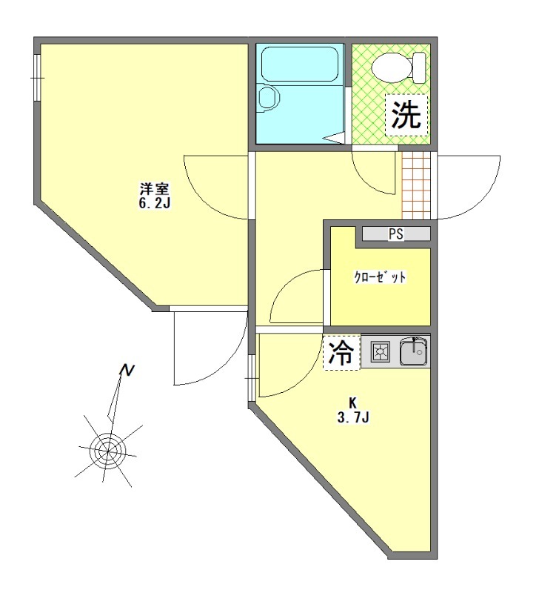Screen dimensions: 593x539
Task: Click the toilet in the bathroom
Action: click(x=393, y=69)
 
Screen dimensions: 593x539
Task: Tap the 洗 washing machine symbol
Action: click(x=406, y=115)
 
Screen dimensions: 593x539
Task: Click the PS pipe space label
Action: click(x=396, y=234)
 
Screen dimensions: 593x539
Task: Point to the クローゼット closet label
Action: click(x=380, y=279)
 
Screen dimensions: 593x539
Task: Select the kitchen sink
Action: click(x=414, y=352)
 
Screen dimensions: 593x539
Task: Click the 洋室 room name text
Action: click(x=155, y=188)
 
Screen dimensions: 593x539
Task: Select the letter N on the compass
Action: click(x=128, y=370)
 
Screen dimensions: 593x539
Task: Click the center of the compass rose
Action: click(x=108, y=449)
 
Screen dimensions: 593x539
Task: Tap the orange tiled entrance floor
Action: click(x=415, y=185)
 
